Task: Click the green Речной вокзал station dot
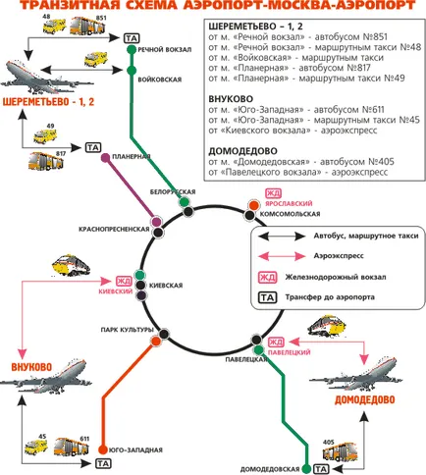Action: coord(132,50)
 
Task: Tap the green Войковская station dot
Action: coord(132,71)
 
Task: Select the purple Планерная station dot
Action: coord(106,158)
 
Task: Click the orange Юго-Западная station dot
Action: coord(103,449)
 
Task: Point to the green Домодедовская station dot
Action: coord(306,469)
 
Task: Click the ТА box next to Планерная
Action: coord(93,147)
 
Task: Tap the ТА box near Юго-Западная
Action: coord(103,463)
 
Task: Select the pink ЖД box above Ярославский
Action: coord(273,193)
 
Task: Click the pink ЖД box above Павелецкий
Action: coord(276,343)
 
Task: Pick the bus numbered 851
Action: coord(87,26)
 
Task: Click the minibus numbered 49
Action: coord(45,135)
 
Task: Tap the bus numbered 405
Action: coord(340,451)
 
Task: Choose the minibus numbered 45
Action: coord(36,447)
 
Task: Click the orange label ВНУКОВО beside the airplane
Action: coord(31,367)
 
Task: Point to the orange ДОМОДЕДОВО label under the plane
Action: coord(364,399)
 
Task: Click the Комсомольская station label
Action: coord(290,214)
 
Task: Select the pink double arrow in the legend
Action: coord(282,256)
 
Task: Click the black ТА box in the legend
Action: coord(268,297)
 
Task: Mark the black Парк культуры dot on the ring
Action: coord(164,335)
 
